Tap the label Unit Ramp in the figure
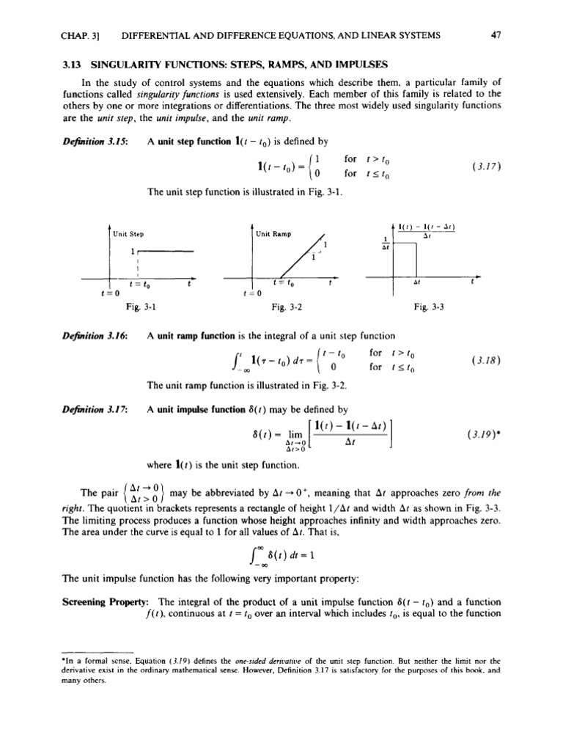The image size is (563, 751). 273,234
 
